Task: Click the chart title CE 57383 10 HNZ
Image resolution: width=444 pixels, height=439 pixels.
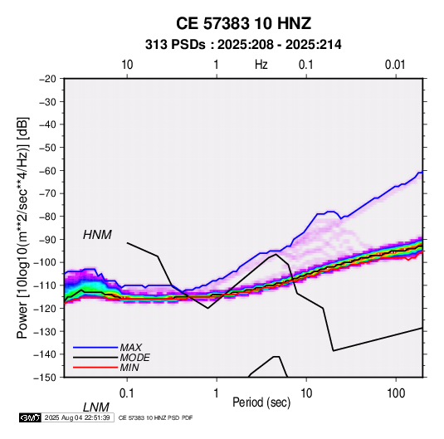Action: (243, 23)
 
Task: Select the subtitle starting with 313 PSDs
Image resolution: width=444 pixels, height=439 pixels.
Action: (243, 45)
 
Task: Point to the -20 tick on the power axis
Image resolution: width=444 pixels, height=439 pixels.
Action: (47, 79)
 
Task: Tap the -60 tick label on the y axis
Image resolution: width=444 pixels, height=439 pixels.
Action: (47, 170)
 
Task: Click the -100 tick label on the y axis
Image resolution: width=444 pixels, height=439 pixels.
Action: (45, 262)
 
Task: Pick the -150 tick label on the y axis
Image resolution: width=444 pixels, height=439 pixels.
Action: (45, 378)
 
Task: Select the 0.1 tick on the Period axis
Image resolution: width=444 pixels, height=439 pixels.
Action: (127, 393)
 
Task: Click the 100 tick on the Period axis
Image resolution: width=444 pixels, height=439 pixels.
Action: (396, 393)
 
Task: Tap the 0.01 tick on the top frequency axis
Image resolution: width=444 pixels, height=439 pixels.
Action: (395, 65)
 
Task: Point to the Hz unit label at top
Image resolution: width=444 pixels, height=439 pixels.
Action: (261, 65)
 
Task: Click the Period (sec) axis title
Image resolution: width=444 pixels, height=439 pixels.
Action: (261, 402)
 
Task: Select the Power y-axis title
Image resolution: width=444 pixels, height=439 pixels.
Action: (22, 228)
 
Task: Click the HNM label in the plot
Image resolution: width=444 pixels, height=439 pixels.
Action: (97, 235)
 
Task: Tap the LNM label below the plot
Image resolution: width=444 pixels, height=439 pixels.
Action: (95, 407)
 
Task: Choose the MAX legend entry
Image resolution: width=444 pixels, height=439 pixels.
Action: (130, 348)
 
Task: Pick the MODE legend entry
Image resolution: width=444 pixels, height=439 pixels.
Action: (134, 358)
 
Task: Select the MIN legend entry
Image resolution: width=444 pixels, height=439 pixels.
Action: (129, 368)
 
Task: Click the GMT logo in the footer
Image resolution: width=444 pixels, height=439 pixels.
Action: (30, 417)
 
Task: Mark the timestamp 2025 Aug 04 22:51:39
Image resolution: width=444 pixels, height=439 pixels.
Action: (77, 417)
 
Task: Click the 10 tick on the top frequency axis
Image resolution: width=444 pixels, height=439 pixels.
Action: (127, 65)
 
